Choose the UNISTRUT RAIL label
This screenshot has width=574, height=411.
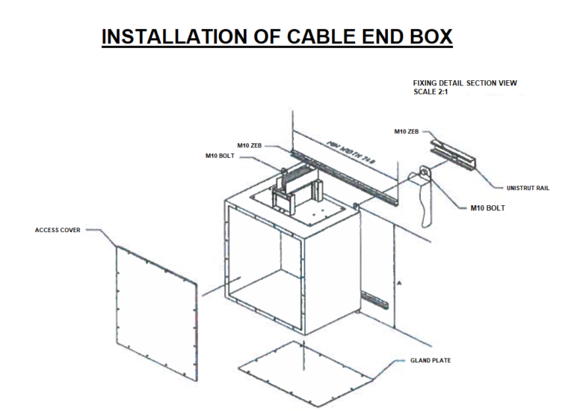(x=528, y=188)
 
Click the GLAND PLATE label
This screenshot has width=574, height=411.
(x=430, y=360)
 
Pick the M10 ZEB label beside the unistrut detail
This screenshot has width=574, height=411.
(x=407, y=132)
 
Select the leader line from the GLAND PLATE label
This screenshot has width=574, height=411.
(x=392, y=359)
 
